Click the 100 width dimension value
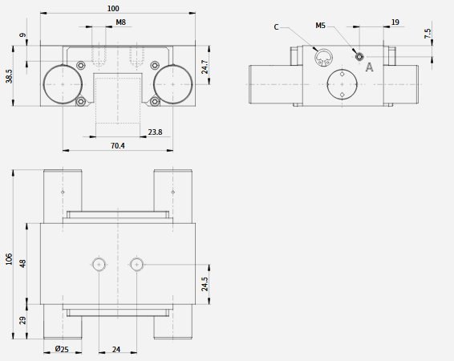click(x=113, y=8)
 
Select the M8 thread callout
click(x=121, y=22)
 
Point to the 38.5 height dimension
click(x=9, y=76)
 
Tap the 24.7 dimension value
click(x=205, y=67)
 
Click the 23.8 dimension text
click(x=155, y=132)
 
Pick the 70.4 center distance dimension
click(x=118, y=146)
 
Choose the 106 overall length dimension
click(x=9, y=259)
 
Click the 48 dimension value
click(x=22, y=263)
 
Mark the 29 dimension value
click(x=22, y=320)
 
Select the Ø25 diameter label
click(x=62, y=349)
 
